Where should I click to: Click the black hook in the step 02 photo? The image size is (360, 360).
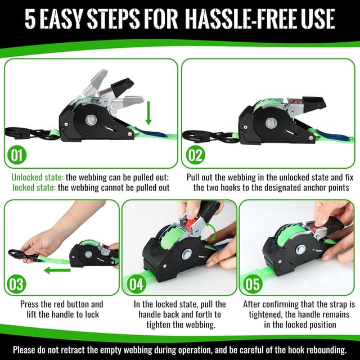(202, 135)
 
